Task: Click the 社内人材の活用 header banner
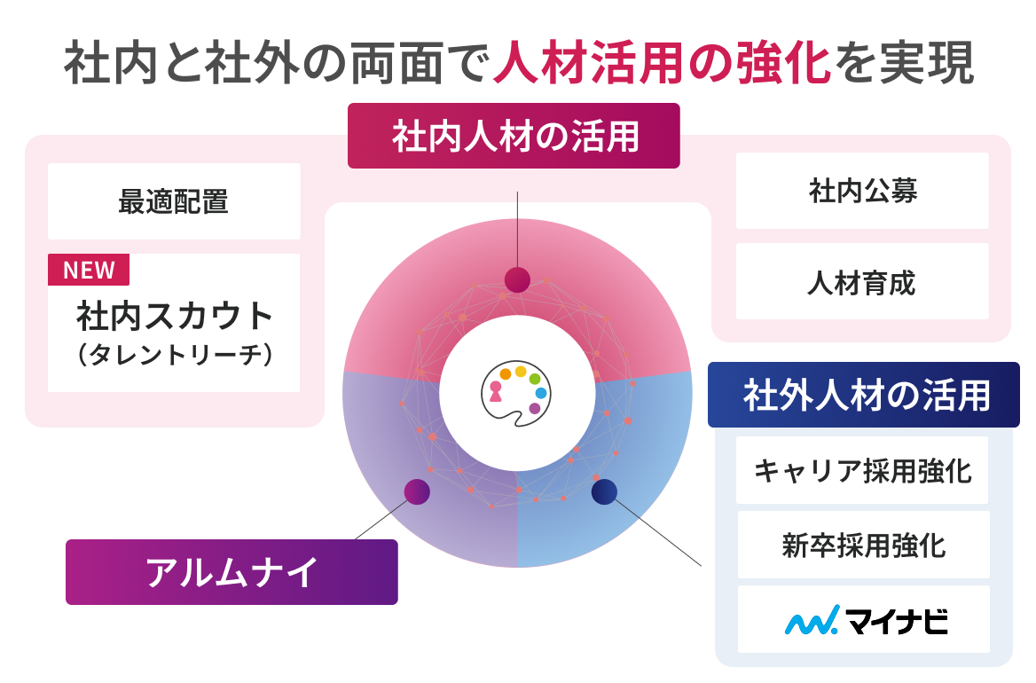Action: pyautogui.click(x=514, y=136)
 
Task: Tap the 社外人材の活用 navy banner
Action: pyautogui.click(x=864, y=395)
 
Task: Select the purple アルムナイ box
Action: pyautogui.click(x=232, y=572)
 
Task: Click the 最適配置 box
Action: pyautogui.click(x=174, y=201)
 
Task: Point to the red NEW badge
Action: pyautogui.click(x=89, y=270)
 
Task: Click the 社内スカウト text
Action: pyautogui.click(x=175, y=316)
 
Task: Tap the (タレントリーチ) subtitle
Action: pyautogui.click(x=175, y=355)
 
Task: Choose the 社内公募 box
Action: pyautogui.click(x=862, y=191)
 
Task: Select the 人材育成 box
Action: pyautogui.click(x=862, y=281)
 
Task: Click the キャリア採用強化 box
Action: pyautogui.click(x=862, y=470)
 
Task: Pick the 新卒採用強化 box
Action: pyautogui.click(x=864, y=545)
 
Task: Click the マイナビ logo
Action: pyautogui.click(x=867, y=620)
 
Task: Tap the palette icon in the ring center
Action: pyautogui.click(x=516, y=395)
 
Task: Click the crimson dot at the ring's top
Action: pyautogui.click(x=517, y=279)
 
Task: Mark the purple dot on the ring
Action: pyautogui.click(x=417, y=491)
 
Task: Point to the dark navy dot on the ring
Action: pyautogui.click(x=604, y=491)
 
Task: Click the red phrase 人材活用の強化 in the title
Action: pyautogui.click(x=662, y=63)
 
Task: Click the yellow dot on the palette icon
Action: pyautogui.click(x=521, y=372)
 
